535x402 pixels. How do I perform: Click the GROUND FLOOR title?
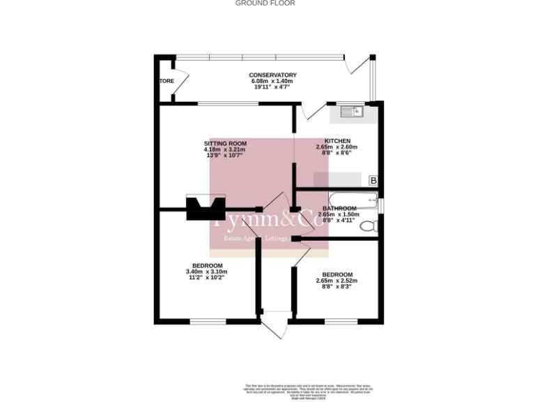pos(265,3)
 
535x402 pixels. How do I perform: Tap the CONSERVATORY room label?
pos(273,75)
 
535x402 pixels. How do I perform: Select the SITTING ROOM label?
pos(224,143)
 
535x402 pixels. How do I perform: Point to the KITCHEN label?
pos(337,141)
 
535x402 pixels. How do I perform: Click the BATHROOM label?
pos(336,209)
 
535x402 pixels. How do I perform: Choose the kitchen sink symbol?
pos(350,110)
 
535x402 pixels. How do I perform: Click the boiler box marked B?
pos(373,181)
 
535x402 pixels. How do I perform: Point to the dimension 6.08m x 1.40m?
pos(272,82)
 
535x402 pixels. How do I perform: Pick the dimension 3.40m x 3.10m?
pos(208,271)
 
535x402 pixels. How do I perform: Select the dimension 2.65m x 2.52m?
pos(336,281)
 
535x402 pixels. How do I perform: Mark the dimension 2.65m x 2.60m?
pos(336,147)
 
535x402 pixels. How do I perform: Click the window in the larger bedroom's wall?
pos(208,321)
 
